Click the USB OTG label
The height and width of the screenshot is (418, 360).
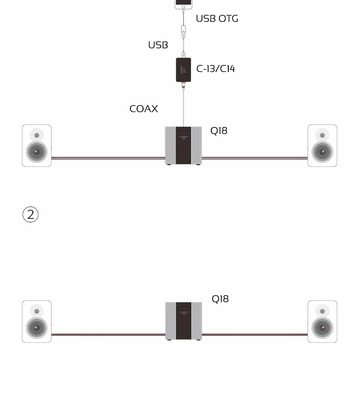[x=217, y=19]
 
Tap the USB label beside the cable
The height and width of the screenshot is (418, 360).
[x=158, y=45]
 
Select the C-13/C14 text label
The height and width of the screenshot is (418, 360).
[x=216, y=69]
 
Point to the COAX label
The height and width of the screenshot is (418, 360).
[x=144, y=109]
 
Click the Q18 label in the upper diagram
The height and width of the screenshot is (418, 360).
[x=219, y=131]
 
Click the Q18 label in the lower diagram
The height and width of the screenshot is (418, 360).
[x=220, y=299]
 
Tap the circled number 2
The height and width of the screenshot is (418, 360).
[x=31, y=214]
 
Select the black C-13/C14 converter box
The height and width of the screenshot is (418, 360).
[x=183, y=69]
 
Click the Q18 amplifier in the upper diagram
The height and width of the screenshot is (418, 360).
[x=184, y=145]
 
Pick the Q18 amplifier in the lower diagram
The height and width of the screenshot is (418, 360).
[x=184, y=321]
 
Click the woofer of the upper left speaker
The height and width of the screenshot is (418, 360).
[x=36, y=152]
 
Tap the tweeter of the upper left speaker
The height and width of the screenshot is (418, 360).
[x=36, y=135]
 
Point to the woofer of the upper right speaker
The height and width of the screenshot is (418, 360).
[x=322, y=152]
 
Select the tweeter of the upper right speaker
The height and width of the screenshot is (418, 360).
[x=322, y=135]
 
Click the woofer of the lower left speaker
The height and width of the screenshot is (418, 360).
[x=36, y=327]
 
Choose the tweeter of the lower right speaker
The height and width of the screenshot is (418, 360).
[x=322, y=311]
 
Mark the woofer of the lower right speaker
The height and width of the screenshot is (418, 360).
[x=322, y=327]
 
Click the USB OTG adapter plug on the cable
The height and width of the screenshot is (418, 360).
[x=183, y=31]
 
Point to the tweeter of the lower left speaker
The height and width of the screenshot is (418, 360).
[x=36, y=311]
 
